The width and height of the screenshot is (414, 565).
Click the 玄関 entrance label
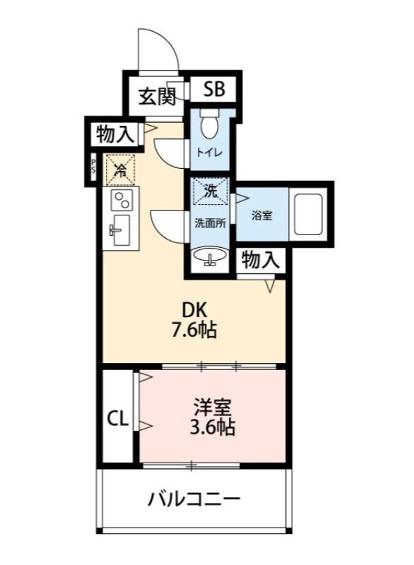pyautogui.click(x=156, y=96)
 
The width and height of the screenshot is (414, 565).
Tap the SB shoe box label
pyautogui.click(x=215, y=89)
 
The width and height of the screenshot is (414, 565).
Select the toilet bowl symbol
pyautogui.click(x=209, y=126)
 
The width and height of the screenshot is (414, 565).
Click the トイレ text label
pyautogui.click(x=209, y=152)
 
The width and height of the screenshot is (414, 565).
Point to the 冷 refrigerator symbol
pyautogui.click(x=121, y=169)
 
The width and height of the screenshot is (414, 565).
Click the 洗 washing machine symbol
pyautogui.click(x=210, y=191)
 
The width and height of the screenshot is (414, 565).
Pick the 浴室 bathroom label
pyautogui.click(x=261, y=215)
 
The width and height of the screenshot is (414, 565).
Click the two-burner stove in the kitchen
pyautogui.click(x=122, y=199)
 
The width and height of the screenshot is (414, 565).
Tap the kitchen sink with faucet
pyautogui.click(x=121, y=229)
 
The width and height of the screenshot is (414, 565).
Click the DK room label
pyautogui.click(x=196, y=309)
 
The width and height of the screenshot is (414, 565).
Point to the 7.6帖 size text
pyautogui.click(x=194, y=330)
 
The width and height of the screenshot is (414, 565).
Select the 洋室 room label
pyautogui.click(x=213, y=408)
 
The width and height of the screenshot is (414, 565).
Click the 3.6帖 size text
pyautogui.click(x=213, y=427)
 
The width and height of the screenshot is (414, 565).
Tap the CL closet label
pyautogui.click(x=117, y=419)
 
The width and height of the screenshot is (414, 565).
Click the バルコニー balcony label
pyautogui.click(x=194, y=500)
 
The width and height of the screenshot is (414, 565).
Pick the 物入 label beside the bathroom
pyautogui.click(x=261, y=260)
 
